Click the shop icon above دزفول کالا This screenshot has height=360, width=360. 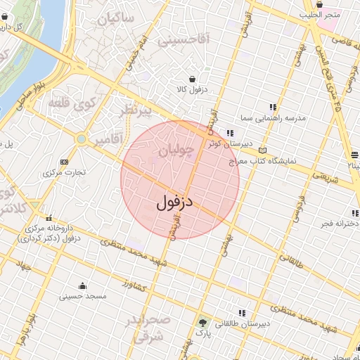[x=192, y=79]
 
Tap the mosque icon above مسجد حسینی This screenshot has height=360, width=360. [x=83, y=285]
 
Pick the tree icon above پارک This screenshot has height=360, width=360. [x=203, y=321]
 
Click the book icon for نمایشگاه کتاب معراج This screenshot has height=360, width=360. [x=263, y=150]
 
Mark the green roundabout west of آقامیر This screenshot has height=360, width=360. [x=82, y=139]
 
